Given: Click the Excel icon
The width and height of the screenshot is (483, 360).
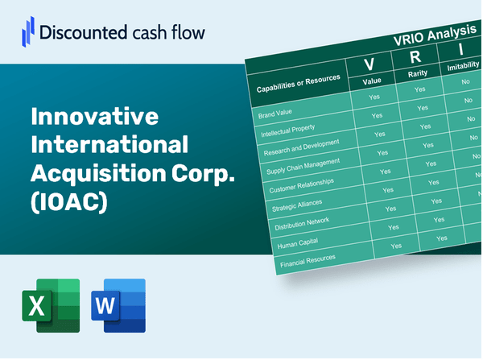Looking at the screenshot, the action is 51,305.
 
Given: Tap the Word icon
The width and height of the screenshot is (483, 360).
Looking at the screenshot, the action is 118,305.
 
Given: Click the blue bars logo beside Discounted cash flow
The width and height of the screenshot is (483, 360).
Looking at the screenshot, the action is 27,31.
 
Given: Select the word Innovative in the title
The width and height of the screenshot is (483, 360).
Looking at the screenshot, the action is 94,116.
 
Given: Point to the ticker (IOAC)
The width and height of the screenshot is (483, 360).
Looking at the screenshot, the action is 69,202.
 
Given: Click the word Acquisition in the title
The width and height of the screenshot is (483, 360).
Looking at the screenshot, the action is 98,173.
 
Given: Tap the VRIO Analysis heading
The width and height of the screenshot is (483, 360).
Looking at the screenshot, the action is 435,35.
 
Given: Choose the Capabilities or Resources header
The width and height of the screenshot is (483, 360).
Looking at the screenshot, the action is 298,83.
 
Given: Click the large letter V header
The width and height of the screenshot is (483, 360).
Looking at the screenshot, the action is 369,64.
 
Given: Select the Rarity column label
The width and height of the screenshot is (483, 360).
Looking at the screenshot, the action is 418,74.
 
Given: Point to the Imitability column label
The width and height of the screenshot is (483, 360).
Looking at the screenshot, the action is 463,66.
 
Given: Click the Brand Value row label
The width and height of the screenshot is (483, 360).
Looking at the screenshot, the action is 275,114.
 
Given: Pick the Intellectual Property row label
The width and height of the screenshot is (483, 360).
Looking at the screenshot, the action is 287,130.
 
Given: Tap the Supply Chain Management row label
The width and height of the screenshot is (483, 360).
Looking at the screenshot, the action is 303,167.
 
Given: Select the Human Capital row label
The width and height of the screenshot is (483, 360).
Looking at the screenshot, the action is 297,243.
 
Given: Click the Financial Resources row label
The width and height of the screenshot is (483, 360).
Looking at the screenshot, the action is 308,261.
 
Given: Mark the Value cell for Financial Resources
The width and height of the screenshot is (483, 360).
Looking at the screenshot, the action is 396,246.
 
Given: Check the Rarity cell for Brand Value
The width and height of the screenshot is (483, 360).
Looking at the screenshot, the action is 419,89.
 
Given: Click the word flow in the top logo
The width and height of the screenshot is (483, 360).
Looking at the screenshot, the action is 188,32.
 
